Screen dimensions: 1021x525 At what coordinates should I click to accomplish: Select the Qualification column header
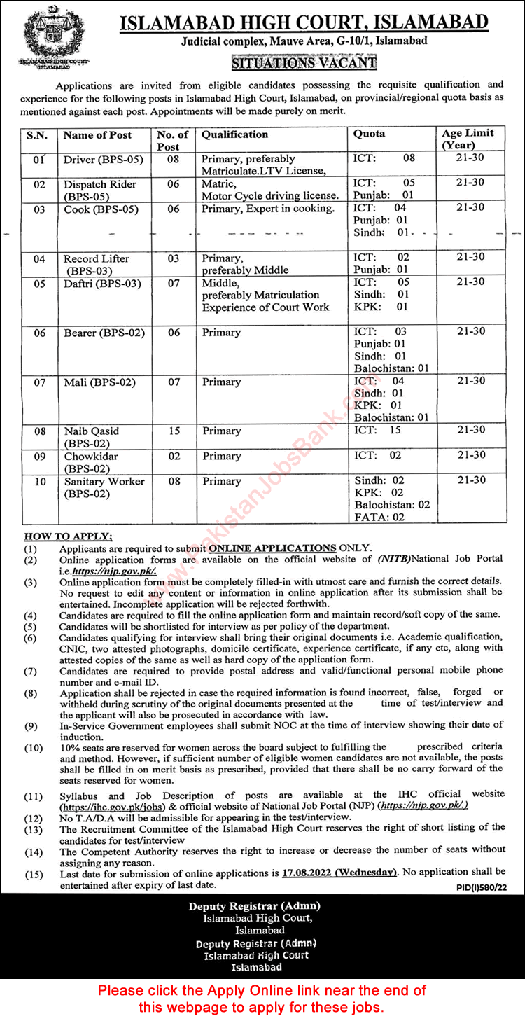[235, 134]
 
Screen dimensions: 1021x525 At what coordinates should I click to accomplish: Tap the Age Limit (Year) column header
[468, 139]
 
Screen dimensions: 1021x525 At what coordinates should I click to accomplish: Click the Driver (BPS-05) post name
[103, 159]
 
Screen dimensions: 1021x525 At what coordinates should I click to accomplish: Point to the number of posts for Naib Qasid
[174, 431]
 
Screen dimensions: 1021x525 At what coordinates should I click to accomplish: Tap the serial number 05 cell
[40, 283]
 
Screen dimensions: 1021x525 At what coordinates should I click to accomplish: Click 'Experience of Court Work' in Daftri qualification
[265, 307]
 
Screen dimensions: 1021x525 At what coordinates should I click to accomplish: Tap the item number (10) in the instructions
[33, 748]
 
